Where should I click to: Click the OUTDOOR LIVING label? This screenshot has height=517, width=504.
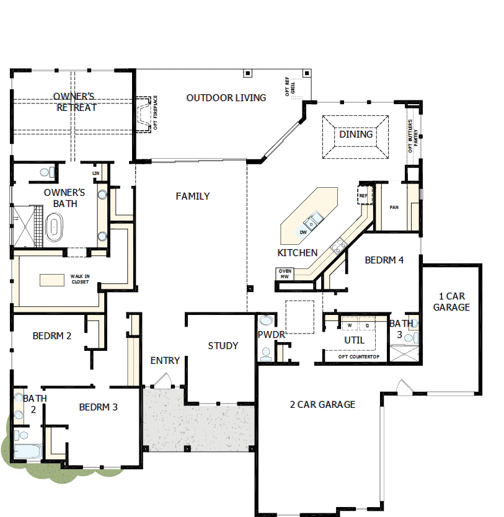226,97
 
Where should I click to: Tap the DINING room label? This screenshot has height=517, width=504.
356,134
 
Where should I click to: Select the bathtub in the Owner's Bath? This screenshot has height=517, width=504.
56,226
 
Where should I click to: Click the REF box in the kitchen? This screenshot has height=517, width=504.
363,195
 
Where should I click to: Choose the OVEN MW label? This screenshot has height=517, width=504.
285,274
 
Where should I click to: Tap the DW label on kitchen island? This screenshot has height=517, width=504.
303,232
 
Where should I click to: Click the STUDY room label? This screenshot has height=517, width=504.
223,345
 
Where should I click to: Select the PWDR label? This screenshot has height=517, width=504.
271,335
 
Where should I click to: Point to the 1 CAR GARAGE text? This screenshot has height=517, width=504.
451,301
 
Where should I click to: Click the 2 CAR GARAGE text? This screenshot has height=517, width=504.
322,404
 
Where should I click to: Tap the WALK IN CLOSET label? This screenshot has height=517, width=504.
79,279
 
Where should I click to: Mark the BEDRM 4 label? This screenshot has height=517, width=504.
384,260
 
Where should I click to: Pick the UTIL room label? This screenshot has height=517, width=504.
354,340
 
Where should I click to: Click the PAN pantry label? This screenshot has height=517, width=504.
394,207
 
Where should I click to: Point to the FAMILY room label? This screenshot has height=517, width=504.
192,196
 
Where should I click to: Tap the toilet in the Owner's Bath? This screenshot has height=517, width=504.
46,172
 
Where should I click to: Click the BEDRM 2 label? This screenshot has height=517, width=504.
52,336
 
